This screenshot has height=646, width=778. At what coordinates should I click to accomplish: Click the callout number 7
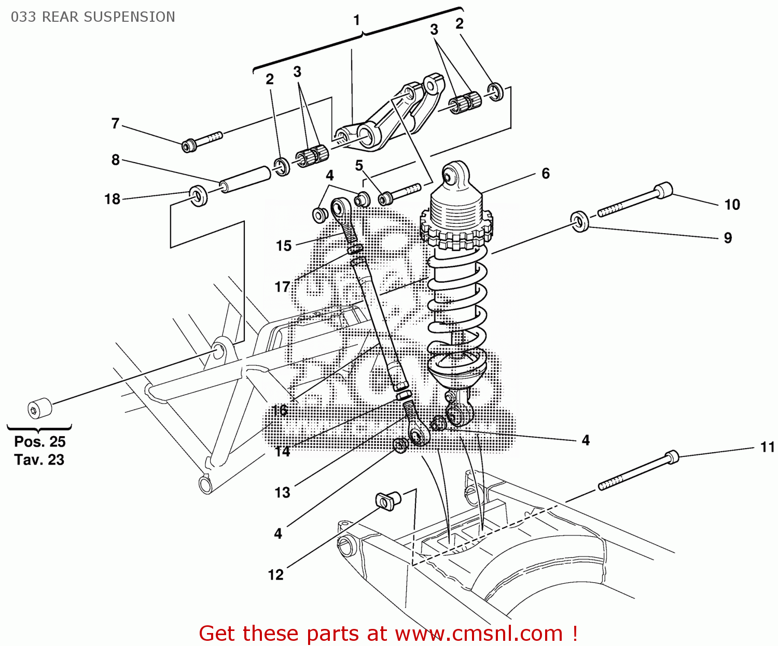coord(115,123)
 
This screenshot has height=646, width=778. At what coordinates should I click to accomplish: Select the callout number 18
coord(112,199)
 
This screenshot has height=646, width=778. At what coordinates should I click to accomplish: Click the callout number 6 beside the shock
coord(546,174)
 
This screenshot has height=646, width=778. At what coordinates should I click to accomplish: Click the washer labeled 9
coord(580,221)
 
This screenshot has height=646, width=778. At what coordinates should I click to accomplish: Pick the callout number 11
coord(767,447)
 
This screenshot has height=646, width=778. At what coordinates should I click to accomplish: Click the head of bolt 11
coord(672,456)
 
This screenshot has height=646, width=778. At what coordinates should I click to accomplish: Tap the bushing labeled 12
coord(387,500)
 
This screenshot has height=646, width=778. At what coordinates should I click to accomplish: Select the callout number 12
coord(275,575)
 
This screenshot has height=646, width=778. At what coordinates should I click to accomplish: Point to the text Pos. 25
coord(40,442)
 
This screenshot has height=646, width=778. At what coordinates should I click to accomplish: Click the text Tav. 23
coord(39,460)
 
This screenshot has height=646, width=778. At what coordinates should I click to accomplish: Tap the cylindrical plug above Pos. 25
coord(39,408)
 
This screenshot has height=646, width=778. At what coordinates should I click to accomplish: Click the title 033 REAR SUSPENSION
coord(93,17)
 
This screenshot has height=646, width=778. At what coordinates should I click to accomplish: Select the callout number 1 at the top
coord(357,20)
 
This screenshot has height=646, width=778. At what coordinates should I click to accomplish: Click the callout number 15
coord(284,246)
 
